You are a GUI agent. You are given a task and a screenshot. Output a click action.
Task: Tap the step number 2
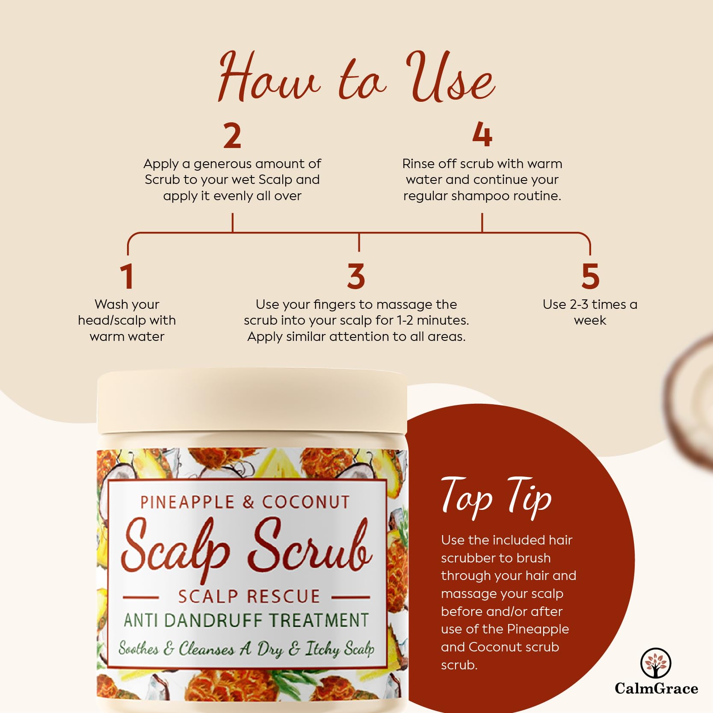(x=232, y=135)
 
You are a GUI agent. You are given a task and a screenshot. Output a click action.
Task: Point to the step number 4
(x=482, y=134)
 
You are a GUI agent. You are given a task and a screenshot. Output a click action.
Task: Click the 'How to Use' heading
(x=356, y=77)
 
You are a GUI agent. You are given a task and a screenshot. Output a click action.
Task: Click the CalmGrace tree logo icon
(x=656, y=663)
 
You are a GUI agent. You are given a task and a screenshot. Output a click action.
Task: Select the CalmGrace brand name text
(x=656, y=689)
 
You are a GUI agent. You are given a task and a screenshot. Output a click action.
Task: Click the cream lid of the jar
(x=252, y=400)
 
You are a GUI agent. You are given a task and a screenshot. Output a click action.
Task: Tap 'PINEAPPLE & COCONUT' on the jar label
(x=245, y=502)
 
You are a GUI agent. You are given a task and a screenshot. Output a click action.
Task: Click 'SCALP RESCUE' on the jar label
(x=249, y=596)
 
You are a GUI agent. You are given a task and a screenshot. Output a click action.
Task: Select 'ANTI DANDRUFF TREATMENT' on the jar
(x=246, y=620)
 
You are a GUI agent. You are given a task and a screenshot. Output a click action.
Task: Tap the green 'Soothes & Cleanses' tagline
(x=246, y=649)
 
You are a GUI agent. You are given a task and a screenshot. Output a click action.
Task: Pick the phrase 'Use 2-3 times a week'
(x=590, y=312)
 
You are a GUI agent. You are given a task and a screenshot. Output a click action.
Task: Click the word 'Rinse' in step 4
(x=418, y=164)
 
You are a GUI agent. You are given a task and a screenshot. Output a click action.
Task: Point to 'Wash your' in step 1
(x=127, y=305)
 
